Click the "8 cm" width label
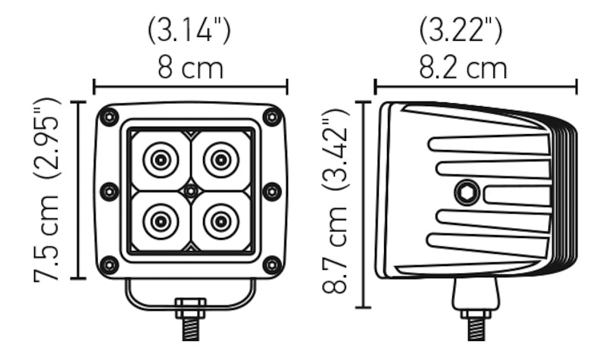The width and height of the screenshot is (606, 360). click(190, 68)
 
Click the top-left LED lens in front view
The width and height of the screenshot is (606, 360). click(161, 160)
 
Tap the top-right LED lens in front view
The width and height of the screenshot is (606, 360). click(220, 160)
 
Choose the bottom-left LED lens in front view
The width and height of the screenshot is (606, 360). click(161, 221)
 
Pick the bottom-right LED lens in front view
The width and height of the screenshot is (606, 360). click(220, 221)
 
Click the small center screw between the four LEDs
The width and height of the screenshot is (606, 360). click(191, 191)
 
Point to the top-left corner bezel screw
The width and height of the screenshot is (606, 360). click(109, 117)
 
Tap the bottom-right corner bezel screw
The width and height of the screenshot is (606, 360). click(272, 265)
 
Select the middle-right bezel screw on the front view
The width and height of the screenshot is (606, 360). click(273, 190)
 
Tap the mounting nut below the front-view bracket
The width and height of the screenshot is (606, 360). click(191, 308)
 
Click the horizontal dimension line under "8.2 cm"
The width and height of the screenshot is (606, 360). click(475, 85)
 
